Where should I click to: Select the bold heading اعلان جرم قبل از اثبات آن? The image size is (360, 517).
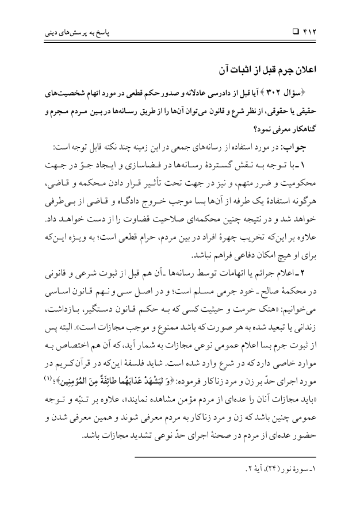click(275, 70)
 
